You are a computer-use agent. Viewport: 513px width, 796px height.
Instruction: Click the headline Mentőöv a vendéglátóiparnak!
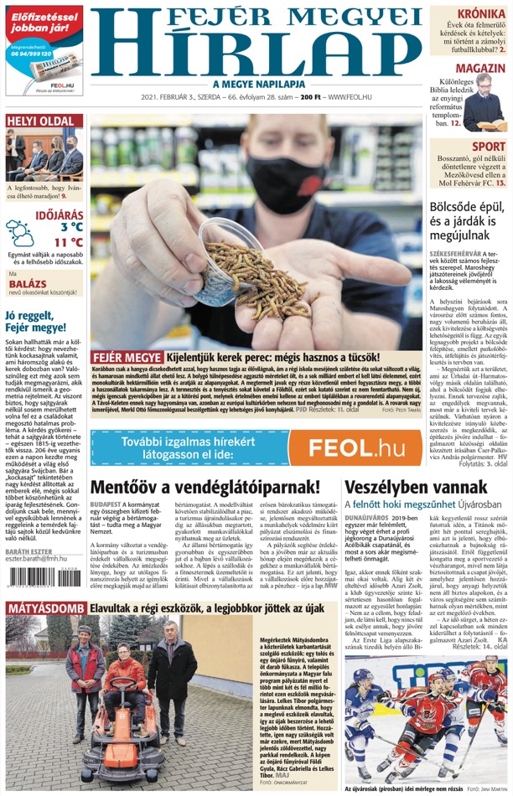tap(205, 487)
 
